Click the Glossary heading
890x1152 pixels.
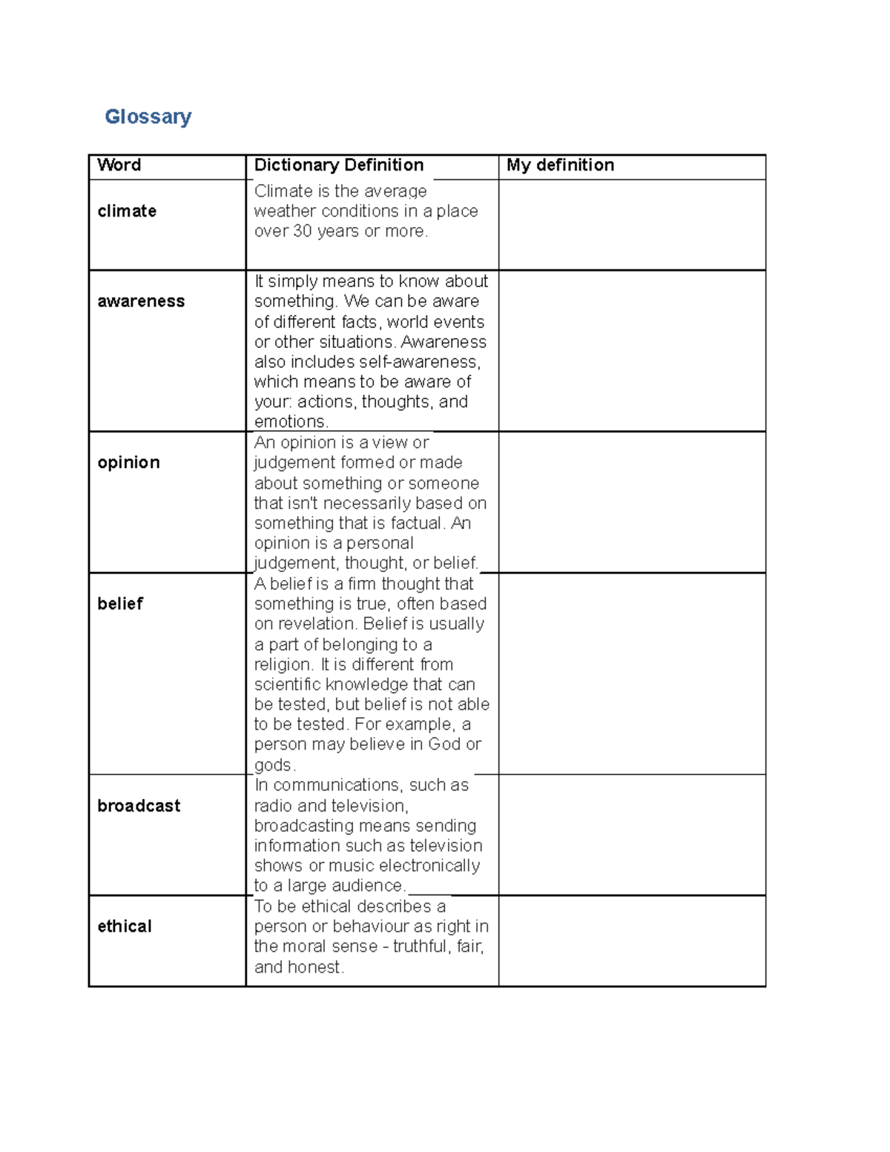click(x=148, y=116)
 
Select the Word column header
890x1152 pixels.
click(x=119, y=165)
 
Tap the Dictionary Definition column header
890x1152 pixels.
click(x=339, y=165)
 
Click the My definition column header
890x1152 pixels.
click(x=560, y=165)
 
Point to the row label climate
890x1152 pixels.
click(x=127, y=211)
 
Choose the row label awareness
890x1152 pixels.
click(x=141, y=301)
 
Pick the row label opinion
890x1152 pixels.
click(x=128, y=462)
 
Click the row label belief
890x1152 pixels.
click(x=120, y=604)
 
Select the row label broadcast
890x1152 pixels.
click(x=139, y=806)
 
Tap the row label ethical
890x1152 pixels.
click(x=125, y=926)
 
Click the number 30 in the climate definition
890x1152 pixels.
click(x=303, y=231)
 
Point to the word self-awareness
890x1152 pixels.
click(x=420, y=362)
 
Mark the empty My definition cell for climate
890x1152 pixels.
click(x=632, y=225)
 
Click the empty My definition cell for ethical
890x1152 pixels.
click(x=632, y=941)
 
